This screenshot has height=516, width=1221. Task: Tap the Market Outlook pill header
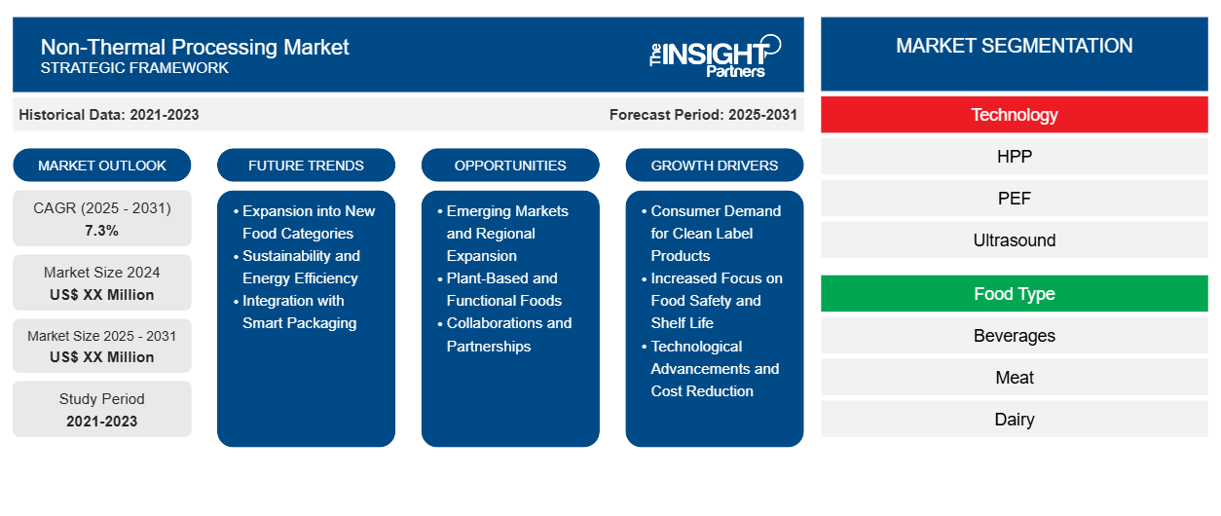click(x=102, y=166)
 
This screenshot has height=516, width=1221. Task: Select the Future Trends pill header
click(x=306, y=166)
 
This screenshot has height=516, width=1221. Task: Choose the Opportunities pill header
click(x=510, y=166)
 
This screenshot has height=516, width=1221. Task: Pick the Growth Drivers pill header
click(x=715, y=166)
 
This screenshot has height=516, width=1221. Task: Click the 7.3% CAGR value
click(x=102, y=231)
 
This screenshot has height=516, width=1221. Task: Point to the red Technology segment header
click(x=1014, y=115)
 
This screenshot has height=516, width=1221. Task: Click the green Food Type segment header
click(x=1014, y=294)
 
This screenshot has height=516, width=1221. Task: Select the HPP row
click(x=1014, y=157)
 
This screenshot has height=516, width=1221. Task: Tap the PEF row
click(x=1014, y=199)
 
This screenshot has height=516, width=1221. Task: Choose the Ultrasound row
click(x=1014, y=240)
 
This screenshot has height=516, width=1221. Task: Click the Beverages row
click(x=1014, y=336)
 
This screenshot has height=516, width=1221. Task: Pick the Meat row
click(x=1014, y=378)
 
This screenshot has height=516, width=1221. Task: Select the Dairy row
click(x=1014, y=420)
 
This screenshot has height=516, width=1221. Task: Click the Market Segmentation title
click(x=1014, y=46)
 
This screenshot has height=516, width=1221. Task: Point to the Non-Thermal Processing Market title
click(x=195, y=47)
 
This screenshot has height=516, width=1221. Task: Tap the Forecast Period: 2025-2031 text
click(x=703, y=115)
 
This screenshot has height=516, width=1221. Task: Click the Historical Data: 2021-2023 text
click(x=109, y=115)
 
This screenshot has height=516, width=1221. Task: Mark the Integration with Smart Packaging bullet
click(x=299, y=312)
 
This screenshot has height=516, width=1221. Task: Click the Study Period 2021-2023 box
click(x=102, y=410)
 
